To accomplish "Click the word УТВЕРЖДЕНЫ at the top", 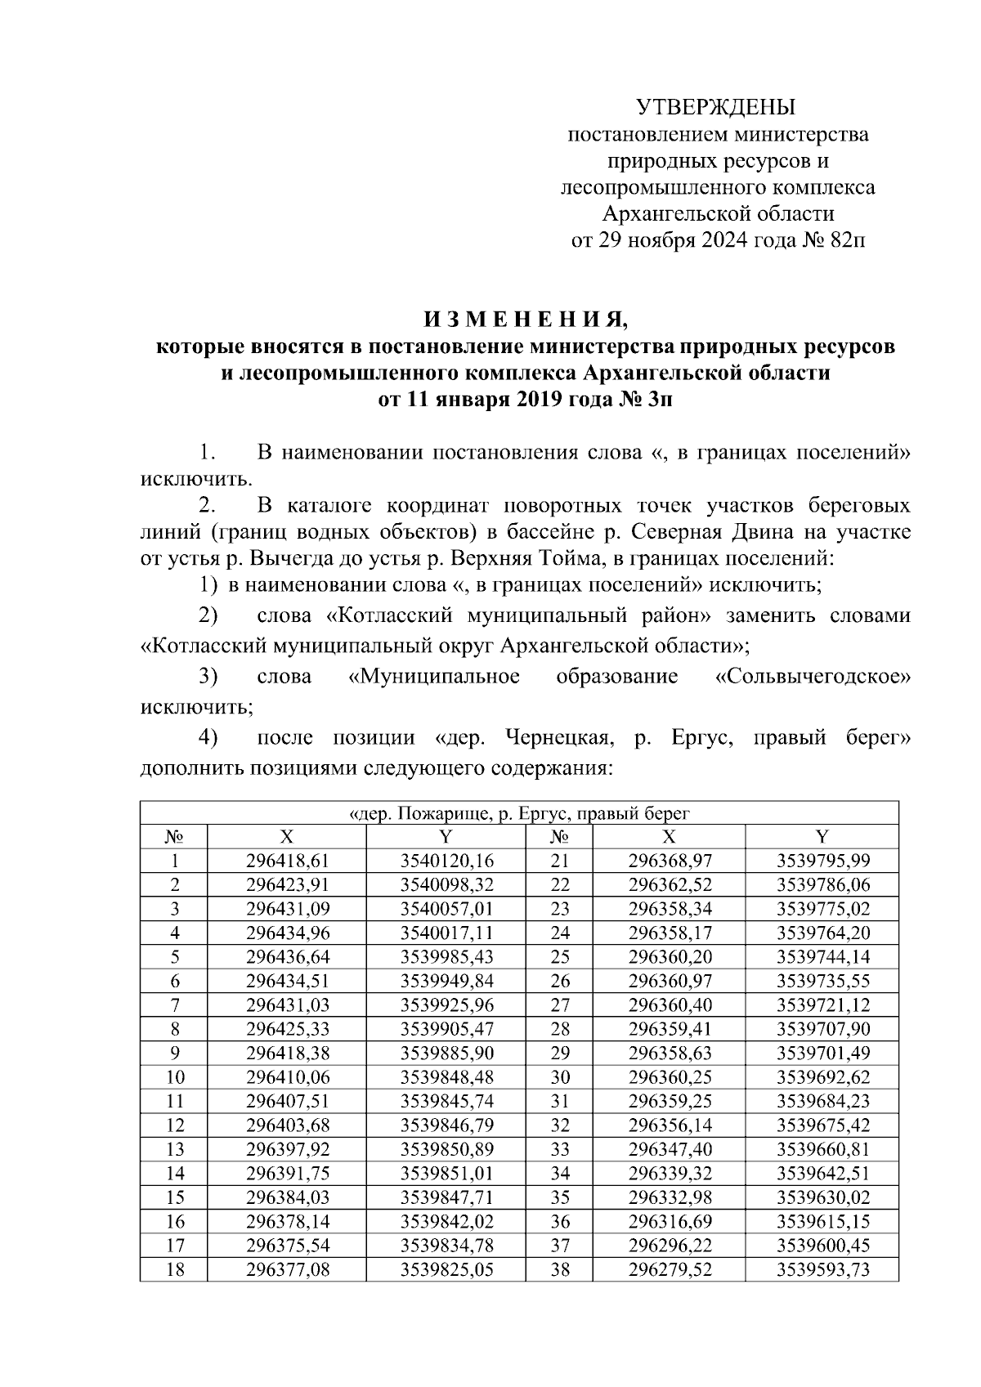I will [715, 107].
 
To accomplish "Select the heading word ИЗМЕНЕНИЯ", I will [525, 318].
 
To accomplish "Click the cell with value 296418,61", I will [286, 861].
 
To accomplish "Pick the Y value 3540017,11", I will [447, 933].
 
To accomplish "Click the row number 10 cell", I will [174, 1077].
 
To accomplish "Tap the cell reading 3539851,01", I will [447, 1174].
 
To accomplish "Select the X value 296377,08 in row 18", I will [286, 1270].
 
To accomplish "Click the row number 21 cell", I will [559, 861].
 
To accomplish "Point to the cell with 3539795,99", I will [822, 861].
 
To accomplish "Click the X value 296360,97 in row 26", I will [670, 981].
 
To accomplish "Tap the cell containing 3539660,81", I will [822, 1149].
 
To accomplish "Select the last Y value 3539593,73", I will [822, 1270].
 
